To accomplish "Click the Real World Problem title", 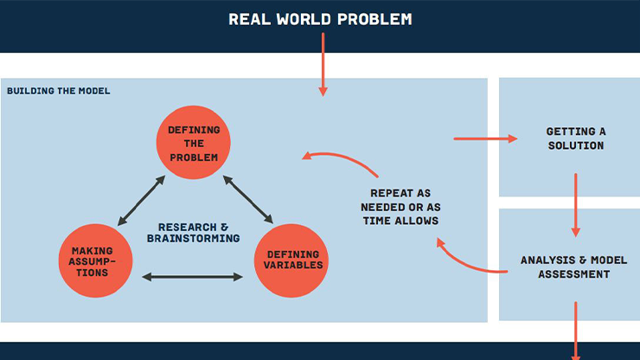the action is tap(320, 19).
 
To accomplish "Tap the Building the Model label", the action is tap(58, 91).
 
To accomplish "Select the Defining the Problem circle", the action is tap(194, 142).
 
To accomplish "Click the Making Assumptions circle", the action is tap(95, 260).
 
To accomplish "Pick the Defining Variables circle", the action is tap(291, 260).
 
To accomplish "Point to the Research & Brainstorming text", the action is tap(194, 233).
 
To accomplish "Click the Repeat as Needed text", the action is tap(400, 207).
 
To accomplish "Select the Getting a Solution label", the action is tap(576, 138).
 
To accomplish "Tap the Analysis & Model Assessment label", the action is tap(574, 267).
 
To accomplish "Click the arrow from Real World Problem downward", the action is tap(323, 65).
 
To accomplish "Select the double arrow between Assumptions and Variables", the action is tap(192, 277).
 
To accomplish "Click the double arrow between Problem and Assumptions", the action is tap(141, 201).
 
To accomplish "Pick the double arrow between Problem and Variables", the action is tap(248, 199).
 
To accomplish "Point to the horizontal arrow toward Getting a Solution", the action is tap(486, 139).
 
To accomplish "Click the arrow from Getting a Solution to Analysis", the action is tap(575, 205).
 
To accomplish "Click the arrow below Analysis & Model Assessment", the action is tap(575, 331).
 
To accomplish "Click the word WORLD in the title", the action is tap(304, 19).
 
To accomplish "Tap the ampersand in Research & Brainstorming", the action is tap(224, 228).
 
